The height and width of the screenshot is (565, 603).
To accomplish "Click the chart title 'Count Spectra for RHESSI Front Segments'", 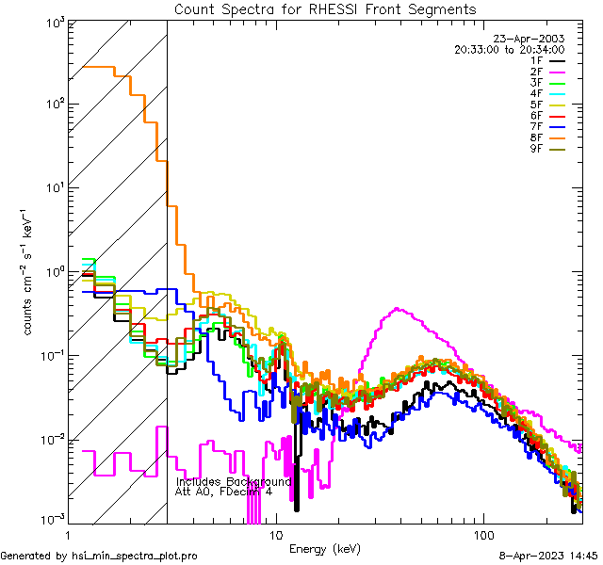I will (325, 8).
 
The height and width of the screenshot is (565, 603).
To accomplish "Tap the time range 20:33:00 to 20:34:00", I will (509, 49).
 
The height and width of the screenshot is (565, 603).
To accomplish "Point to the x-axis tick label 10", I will (275, 534).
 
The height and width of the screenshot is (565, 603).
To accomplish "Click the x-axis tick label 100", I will (483, 534).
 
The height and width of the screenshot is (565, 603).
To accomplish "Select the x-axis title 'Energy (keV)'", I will (324, 548).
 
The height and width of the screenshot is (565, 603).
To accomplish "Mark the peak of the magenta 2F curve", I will (398, 308).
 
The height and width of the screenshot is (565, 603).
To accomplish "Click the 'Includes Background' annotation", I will (234, 481).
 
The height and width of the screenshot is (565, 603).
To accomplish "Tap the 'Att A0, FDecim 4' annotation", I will (223, 492).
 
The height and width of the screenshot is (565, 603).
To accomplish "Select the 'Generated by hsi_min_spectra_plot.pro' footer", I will (99, 557).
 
